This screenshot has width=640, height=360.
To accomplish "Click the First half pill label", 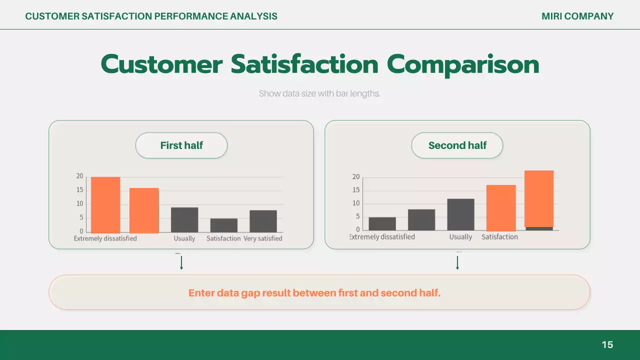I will click(181, 145).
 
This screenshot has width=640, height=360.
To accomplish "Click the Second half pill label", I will click(457, 145).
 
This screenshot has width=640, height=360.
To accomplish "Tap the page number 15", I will click(607, 344).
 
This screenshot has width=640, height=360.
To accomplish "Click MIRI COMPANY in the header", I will click(577, 16).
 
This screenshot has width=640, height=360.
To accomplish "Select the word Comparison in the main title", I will click(463, 65).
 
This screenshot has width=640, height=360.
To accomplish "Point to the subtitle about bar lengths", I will click(319, 93).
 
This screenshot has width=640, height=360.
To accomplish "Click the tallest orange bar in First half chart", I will click(105, 204).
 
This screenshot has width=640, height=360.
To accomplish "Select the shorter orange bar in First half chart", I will click(144, 210).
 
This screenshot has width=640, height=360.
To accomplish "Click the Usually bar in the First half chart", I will click(184, 219).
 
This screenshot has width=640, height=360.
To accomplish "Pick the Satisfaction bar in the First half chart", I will click(223, 225).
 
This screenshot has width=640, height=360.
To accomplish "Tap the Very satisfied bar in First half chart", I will click(263, 221).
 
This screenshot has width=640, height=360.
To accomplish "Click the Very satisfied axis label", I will click(263, 238).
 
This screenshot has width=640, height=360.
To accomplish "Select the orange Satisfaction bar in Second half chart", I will click(501, 207).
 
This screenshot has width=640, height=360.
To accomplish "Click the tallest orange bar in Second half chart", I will click(539, 198).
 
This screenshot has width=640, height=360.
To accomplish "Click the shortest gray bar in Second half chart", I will click(539, 228).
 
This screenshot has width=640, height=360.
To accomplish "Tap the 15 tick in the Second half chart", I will click(356, 190).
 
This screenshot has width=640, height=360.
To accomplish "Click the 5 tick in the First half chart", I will click(81, 217).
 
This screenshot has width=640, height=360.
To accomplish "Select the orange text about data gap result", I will click(314, 293).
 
